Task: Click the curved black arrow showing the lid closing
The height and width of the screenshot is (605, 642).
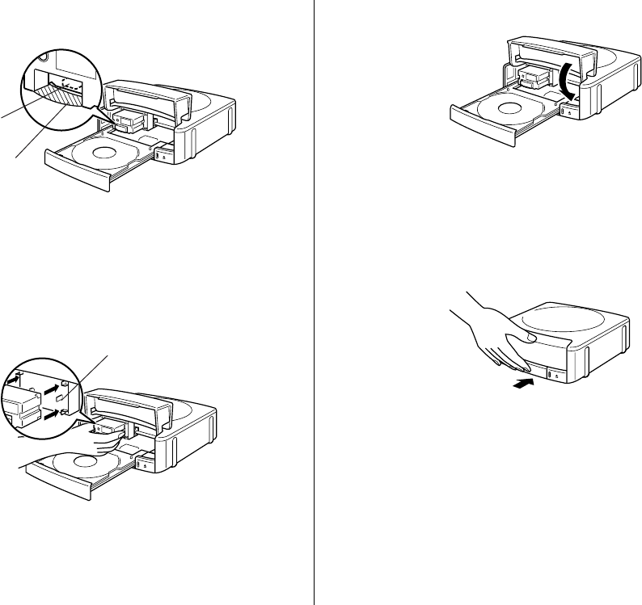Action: pos(565,83)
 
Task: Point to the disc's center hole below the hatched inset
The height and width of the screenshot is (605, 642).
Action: pos(103,152)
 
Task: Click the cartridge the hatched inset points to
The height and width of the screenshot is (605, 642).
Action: pos(129,121)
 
